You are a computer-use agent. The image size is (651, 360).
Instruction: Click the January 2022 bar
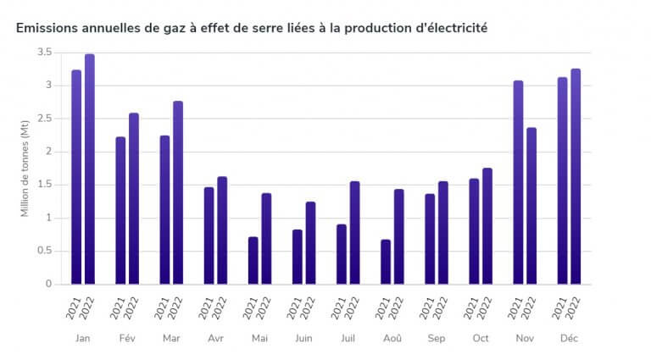point(90,169)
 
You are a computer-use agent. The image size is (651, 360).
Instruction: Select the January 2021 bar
point(76,177)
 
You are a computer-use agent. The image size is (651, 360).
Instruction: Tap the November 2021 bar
point(518,182)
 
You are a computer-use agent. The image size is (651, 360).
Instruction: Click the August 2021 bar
point(386,262)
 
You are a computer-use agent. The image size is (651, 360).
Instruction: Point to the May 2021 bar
point(253,260)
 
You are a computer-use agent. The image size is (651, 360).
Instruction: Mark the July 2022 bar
point(354,233)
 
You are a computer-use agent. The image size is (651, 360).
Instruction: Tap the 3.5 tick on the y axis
point(45,53)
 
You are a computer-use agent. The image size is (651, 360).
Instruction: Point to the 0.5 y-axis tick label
point(45,251)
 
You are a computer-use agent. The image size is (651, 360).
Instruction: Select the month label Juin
point(303,338)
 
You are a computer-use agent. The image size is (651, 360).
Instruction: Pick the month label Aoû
point(392,338)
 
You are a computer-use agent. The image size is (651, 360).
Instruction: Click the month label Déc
point(569,338)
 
